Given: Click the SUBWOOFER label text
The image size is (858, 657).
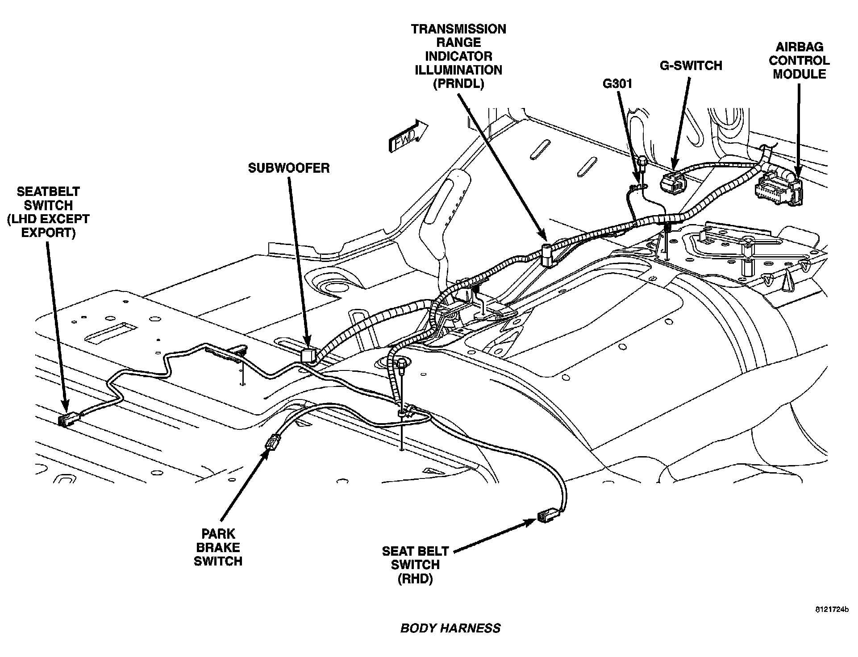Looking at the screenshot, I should pyautogui.click(x=289, y=168).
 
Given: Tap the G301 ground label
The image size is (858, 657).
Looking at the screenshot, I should pyautogui.click(x=617, y=83).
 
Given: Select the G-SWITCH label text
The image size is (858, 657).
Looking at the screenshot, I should pyautogui.click(x=691, y=66).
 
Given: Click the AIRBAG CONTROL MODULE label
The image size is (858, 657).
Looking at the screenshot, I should pyautogui.click(x=799, y=60).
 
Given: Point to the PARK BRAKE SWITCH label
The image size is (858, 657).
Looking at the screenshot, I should pyautogui.click(x=218, y=547).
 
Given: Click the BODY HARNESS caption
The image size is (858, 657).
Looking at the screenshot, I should pyautogui.click(x=450, y=628).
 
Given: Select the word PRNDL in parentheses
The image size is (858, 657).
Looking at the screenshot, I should pyautogui.click(x=458, y=84).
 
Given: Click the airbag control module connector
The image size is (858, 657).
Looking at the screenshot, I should pyautogui.click(x=777, y=190).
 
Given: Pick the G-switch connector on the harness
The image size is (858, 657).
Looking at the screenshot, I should pyautogui.click(x=673, y=183).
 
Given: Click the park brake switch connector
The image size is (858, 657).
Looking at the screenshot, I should pyautogui.click(x=271, y=444).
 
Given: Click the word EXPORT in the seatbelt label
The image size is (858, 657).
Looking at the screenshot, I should pyautogui.click(x=48, y=233).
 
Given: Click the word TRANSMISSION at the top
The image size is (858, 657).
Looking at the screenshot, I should pyautogui.click(x=458, y=29).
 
